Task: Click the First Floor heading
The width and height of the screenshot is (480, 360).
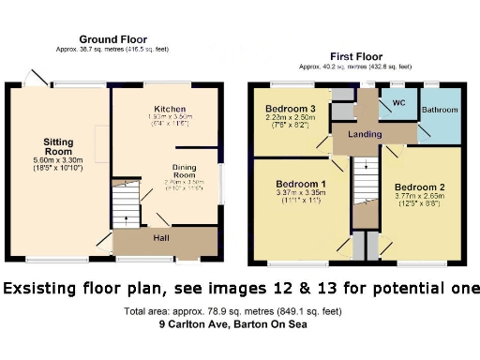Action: tap(355, 57)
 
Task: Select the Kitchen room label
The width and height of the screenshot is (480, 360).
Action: tap(170, 110)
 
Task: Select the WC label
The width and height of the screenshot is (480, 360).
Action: tap(398, 102)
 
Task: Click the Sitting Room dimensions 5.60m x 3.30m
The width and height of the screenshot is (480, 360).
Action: tap(58, 160)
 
